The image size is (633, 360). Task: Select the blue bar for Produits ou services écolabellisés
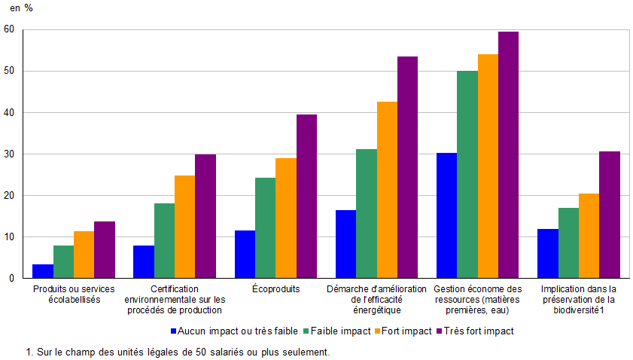click(43, 271)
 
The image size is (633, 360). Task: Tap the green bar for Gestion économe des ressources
click(467, 174)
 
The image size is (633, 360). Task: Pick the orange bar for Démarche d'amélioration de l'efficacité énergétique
click(387, 190)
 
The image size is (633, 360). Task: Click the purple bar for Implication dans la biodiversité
click(610, 215)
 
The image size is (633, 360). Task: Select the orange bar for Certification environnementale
click(184, 227)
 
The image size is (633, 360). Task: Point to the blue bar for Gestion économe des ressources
click(446, 215)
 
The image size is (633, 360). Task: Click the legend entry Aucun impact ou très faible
click(234, 330)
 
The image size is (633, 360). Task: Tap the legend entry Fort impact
click(406, 330)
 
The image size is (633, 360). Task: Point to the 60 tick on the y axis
click(9, 29)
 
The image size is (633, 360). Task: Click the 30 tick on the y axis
click(9, 154)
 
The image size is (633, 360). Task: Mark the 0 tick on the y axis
click(11, 278)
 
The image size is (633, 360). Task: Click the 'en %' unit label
click(21, 8)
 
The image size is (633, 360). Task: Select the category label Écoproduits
click(276, 288)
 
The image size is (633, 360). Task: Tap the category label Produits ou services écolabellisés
click(74, 294)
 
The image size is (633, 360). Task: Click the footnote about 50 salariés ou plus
click(178, 351)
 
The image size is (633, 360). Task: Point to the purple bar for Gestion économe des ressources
click(508, 154)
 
